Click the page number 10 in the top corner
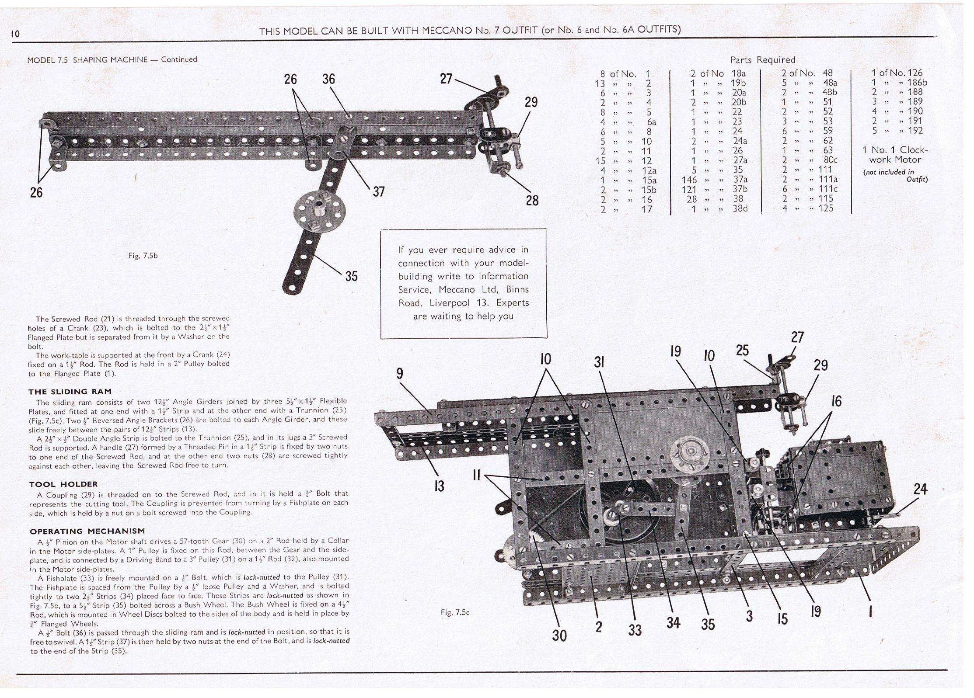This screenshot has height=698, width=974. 15,34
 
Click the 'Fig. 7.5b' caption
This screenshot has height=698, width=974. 143,256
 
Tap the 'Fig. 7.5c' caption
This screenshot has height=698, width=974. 455,612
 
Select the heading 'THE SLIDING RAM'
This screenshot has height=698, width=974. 70,392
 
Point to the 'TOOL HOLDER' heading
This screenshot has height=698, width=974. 63,484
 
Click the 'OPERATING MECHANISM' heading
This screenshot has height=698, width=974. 87,531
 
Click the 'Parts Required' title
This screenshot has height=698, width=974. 763,60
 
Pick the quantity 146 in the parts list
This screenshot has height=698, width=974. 689,180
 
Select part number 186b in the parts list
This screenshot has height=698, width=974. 917,82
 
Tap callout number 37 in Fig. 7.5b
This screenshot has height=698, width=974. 378,191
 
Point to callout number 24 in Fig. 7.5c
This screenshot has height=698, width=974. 920,489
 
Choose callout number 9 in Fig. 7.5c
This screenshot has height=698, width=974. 400,374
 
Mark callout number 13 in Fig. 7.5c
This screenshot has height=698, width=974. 439,486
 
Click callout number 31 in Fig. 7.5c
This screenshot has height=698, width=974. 599,362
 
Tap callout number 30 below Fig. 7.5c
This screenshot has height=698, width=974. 559,635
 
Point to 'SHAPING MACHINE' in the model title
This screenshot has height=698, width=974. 110,60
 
